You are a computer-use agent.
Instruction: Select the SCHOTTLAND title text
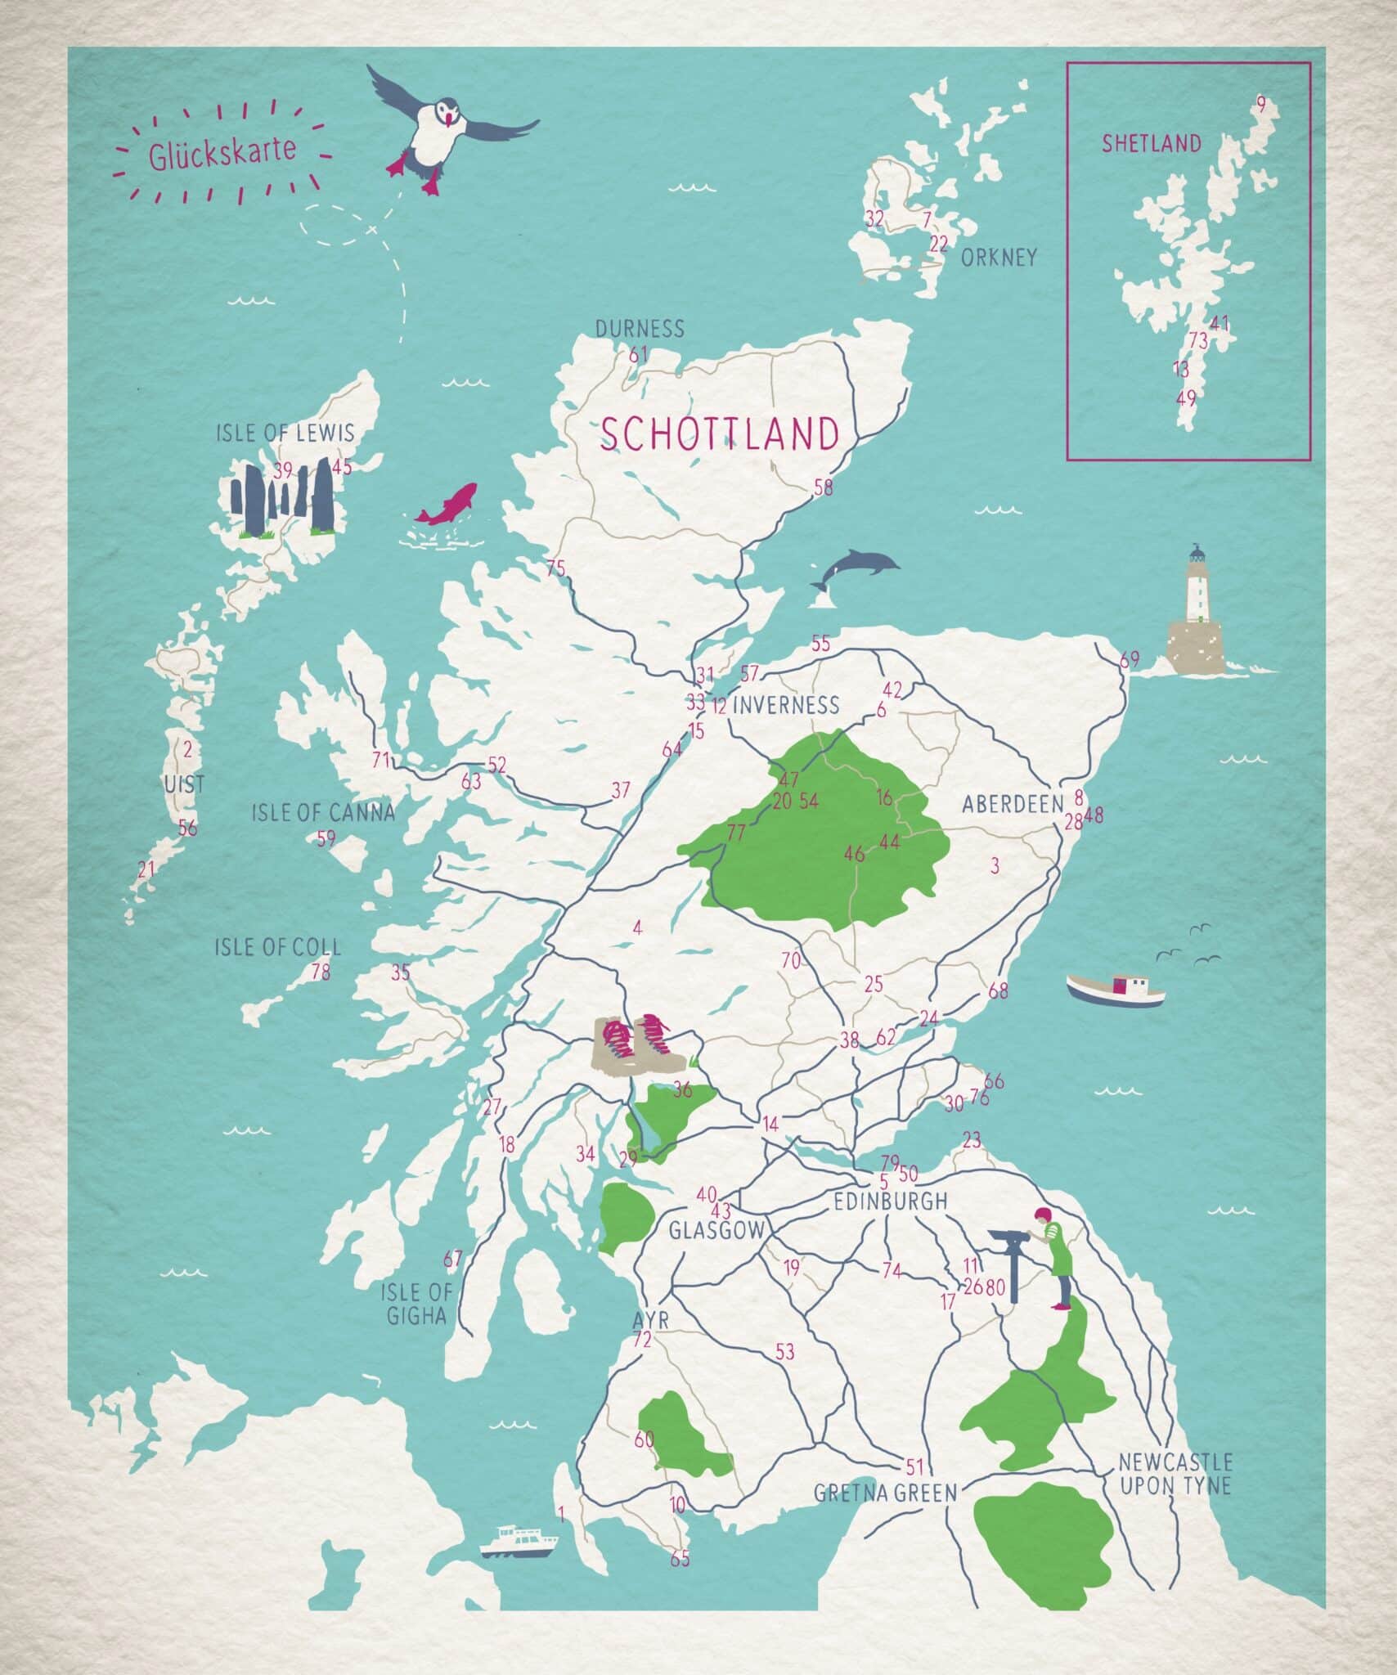720,434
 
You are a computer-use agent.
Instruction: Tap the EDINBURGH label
890,1201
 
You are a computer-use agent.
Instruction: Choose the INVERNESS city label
785,704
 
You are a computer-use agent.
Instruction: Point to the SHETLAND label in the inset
1151,145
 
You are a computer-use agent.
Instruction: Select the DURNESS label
639,329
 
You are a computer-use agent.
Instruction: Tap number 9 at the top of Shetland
1260,105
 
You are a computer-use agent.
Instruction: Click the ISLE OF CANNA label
323,812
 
